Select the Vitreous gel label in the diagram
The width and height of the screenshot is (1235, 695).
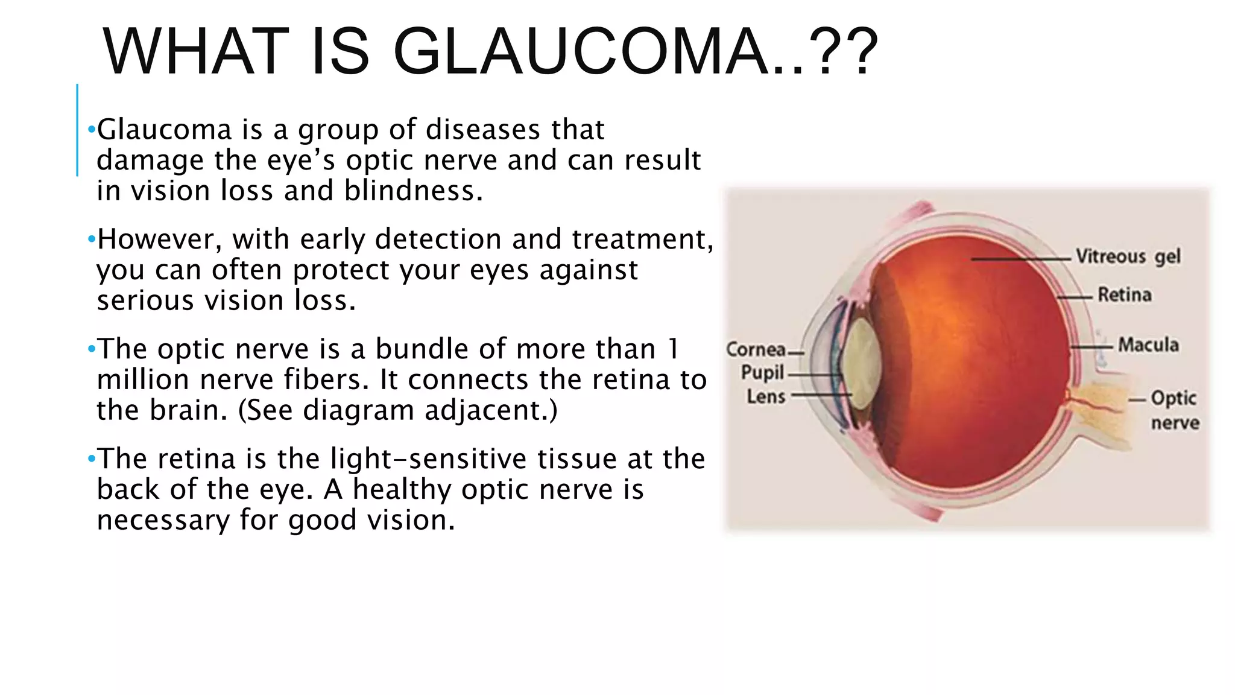pos(1128,256)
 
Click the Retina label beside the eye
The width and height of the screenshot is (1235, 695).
pos(1124,294)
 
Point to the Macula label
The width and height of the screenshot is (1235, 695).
pos(1148,344)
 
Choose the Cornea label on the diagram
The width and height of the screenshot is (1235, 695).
pos(756,349)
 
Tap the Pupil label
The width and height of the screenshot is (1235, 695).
pos(762,373)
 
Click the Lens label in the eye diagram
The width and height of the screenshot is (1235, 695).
pos(766,396)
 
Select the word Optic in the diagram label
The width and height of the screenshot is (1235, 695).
pos(1173,398)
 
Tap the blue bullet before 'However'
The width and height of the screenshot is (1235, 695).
pos(91,240)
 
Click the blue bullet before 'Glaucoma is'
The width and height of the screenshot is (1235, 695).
pos(91,129)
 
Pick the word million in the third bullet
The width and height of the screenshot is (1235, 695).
pos(143,379)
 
